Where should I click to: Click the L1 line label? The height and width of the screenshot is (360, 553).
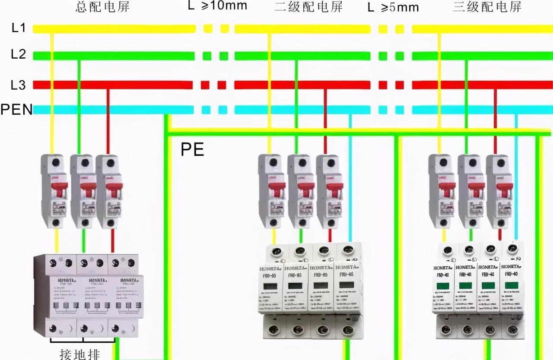click(19, 28)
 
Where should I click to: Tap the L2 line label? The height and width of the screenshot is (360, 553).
click(19, 55)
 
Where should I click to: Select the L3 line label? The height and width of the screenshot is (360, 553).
click(19, 85)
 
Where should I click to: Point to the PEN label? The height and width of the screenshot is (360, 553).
click(16, 110)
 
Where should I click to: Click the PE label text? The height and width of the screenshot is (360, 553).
click(192, 149)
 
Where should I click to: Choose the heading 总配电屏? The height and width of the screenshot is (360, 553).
click(102, 7)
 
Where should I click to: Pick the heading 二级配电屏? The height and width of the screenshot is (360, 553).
click(308, 7)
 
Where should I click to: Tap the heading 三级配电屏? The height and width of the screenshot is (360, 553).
click(487, 7)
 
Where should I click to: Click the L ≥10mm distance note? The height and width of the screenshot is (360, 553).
click(218, 6)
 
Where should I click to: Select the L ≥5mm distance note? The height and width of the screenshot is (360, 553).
click(393, 7)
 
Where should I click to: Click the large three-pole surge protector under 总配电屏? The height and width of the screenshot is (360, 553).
click(86, 296)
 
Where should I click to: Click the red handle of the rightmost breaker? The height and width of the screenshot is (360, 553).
click(504, 189)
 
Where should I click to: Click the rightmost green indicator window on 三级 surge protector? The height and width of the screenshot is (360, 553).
click(512, 285)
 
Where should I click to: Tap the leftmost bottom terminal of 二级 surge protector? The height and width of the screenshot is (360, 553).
click(273, 330)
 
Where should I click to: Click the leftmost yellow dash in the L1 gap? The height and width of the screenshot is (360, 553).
click(208, 29)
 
